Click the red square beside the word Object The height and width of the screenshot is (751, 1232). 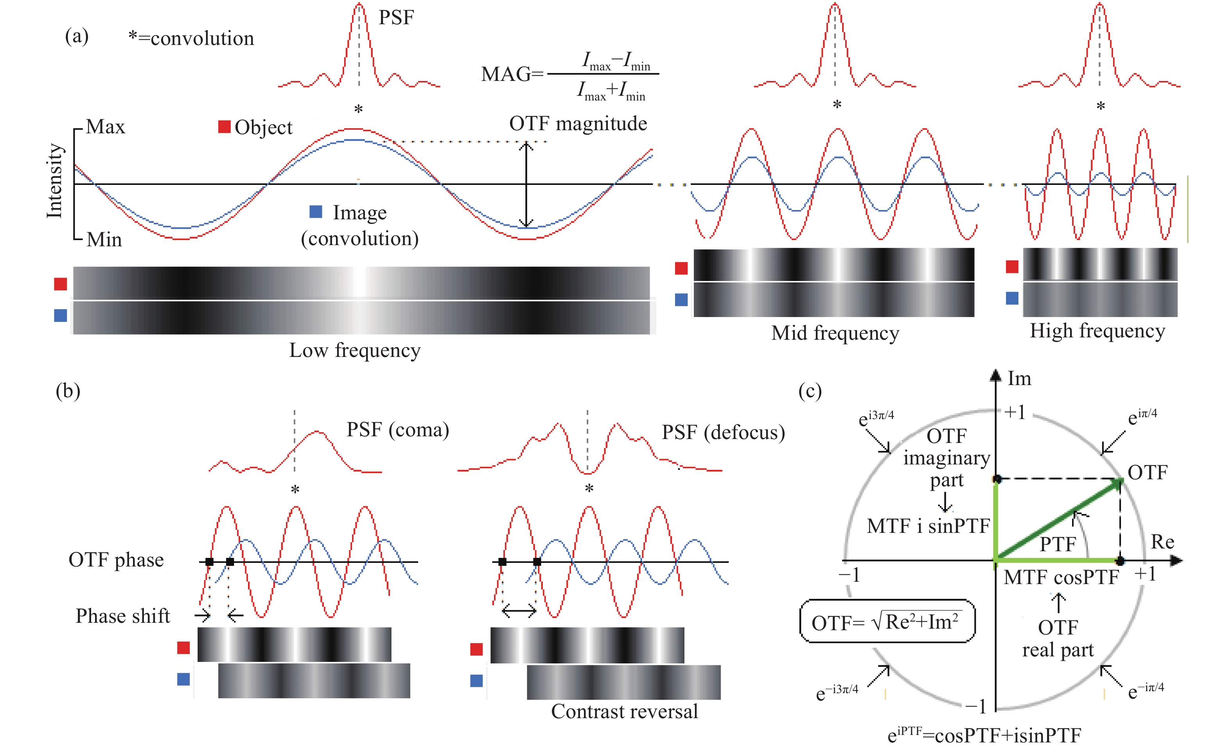(x=224, y=127)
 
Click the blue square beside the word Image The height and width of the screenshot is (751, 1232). (x=316, y=212)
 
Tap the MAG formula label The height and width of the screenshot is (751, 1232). (x=569, y=75)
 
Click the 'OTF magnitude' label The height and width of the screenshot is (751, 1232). (x=578, y=124)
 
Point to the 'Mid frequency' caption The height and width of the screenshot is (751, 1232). (x=835, y=333)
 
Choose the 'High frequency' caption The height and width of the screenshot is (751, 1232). (x=1097, y=331)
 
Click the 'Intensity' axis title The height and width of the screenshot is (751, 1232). (x=54, y=181)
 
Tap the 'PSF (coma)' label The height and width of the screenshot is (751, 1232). (x=397, y=430)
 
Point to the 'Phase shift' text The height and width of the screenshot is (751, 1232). (x=122, y=616)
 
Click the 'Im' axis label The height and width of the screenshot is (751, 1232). (x=1019, y=378)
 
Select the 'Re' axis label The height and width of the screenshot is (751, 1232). (x=1162, y=541)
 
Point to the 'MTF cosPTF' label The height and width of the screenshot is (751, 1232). (x=1061, y=577)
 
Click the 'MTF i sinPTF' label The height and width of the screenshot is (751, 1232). (x=928, y=526)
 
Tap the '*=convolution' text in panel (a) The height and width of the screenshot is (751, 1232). (x=191, y=38)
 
